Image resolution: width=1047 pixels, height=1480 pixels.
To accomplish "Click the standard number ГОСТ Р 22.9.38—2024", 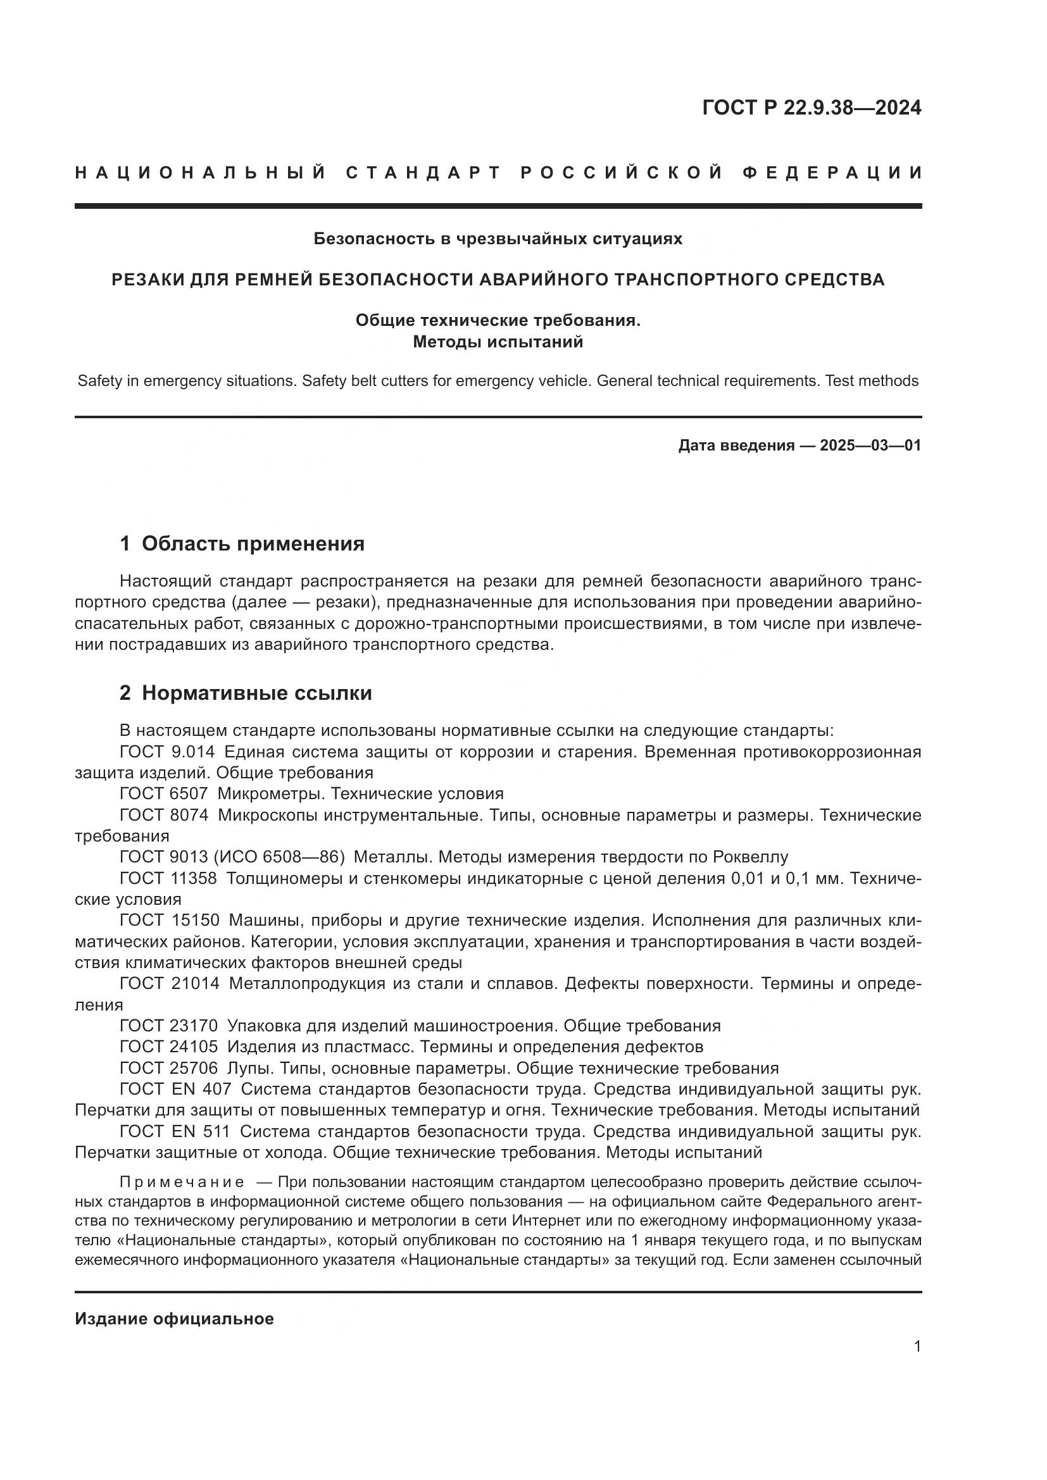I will (x=811, y=108).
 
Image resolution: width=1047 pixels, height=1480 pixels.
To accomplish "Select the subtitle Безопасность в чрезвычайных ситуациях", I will (x=498, y=239).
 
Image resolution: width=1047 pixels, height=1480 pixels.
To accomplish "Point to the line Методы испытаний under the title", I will (x=498, y=342).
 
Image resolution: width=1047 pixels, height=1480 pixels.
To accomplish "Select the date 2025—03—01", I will (x=870, y=445).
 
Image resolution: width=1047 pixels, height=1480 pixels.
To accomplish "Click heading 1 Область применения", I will (x=242, y=544).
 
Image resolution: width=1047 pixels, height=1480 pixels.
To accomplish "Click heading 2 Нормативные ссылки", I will (x=246, y=693).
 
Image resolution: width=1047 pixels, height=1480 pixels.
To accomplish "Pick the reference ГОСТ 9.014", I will (x=167, y=752).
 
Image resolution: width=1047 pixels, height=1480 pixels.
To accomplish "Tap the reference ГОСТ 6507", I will (x=164, y=793).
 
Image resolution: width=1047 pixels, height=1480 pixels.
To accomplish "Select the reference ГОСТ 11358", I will (x=168, y=878).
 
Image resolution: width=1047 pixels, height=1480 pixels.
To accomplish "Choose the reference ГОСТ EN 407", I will (x=175, y=1090).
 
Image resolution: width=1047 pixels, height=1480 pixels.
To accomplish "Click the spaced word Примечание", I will (x=182, y=1182).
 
